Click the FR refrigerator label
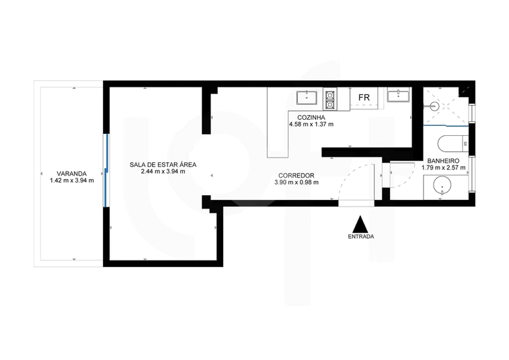click(364, 98)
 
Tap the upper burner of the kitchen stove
click(330, 95)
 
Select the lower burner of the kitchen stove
click(330, 104)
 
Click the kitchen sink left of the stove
click(307, 98)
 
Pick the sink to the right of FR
click(398, 96)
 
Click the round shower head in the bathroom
click(434, 106)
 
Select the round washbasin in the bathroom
click(442, 186)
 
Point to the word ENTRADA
click(360, 237)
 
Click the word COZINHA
click(311, 117)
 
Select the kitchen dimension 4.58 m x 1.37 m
click(311, 124)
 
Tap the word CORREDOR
click(296, 176)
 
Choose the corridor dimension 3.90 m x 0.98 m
click(296, 182)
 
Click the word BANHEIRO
click(443, 161)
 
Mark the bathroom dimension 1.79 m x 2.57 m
click(443, 168)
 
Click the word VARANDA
click(71, 174)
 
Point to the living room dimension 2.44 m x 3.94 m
click(163, 172)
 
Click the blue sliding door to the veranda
click(106, 170)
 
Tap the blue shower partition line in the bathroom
click(446, 125)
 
